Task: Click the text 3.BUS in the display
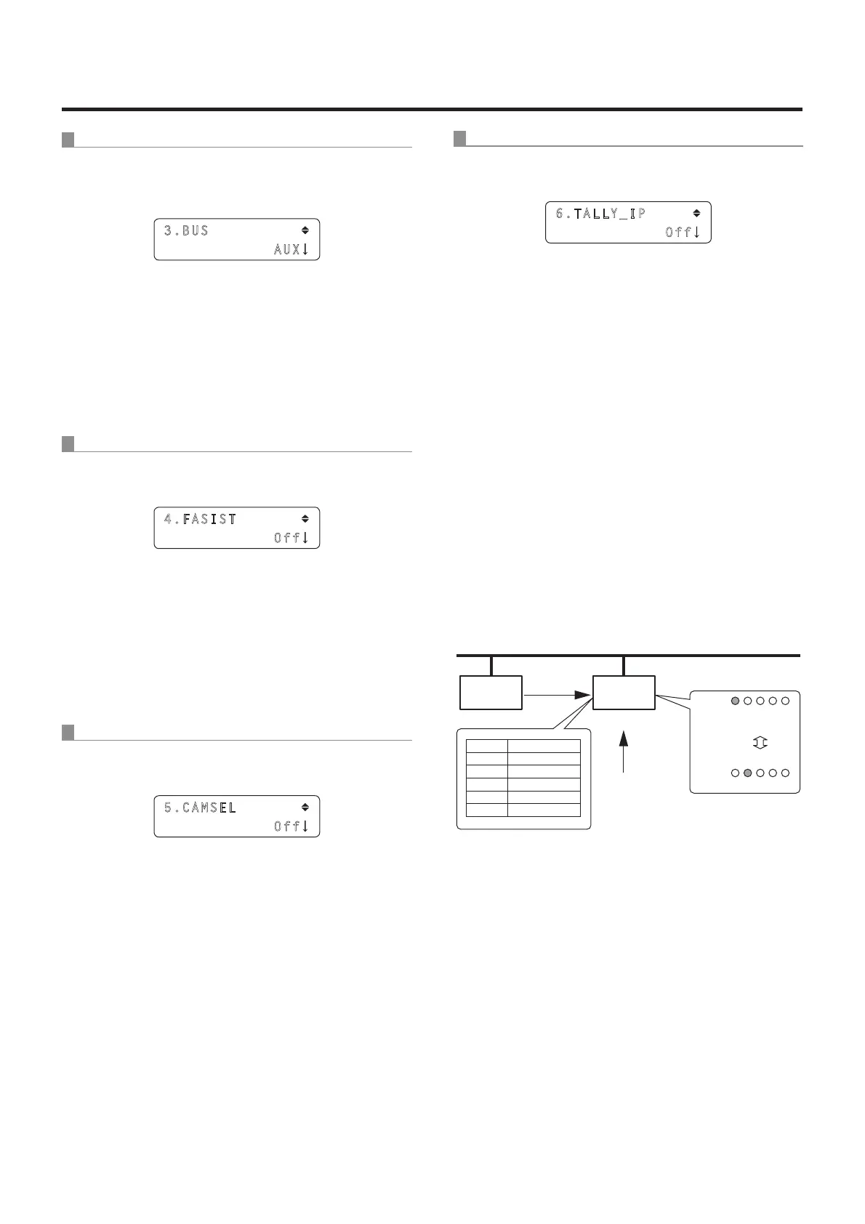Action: click(186, 231)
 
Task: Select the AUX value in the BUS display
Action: click(287, 249)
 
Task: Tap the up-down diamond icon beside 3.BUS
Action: click(305, 230)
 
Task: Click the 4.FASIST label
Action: click(201, 520)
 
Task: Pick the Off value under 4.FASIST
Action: click(287, 539)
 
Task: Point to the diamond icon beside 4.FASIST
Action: click(305, 519)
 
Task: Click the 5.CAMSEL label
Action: click(201, 808)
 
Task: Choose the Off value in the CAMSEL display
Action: click(287, 826)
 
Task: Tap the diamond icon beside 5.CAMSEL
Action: click(305, 807)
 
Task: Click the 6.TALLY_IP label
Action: click(601, 214)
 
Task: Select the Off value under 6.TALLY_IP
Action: click(678, 233)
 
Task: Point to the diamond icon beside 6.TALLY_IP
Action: click(696, 213)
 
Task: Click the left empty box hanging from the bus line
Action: click(491, 693)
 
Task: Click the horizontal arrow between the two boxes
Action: click(558, 695)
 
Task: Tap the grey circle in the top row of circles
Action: click(735, 701)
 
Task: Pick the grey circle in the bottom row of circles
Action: click(747, 773)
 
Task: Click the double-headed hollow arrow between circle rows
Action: click(760, 743)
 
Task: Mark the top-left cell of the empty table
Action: click(487, 745)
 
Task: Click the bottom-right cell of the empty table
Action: click(544, 810)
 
